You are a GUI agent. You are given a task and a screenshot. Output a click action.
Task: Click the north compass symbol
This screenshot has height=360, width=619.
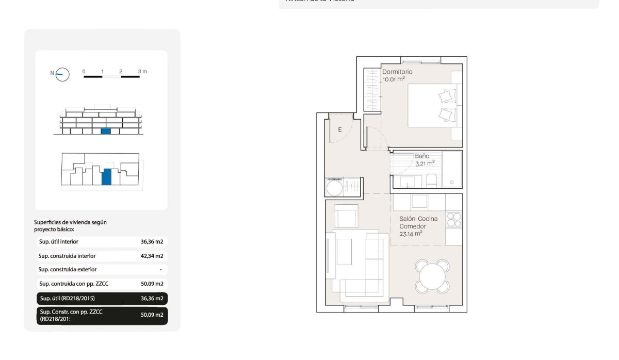coord(62,74)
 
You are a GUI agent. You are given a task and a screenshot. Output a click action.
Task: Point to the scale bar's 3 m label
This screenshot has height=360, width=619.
coord(142,71)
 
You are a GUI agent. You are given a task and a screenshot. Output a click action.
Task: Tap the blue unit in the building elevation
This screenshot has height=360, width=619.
coord(106,132)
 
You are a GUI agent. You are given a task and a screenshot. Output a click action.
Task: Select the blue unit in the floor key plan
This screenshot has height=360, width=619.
coord(106,176)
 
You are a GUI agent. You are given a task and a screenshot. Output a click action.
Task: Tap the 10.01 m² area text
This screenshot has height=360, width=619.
coord(393,79)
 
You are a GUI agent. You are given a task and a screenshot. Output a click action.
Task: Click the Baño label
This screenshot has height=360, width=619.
coord(422,156)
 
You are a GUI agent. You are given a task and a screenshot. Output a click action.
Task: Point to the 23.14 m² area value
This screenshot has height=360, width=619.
coord(411,233)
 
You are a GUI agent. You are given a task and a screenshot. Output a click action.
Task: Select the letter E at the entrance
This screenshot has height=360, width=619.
coord(340,129)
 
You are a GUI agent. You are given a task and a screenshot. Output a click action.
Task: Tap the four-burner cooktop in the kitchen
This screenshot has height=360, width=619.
coord(454,220)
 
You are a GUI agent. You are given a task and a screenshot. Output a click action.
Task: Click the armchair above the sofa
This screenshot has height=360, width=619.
coord(346,215)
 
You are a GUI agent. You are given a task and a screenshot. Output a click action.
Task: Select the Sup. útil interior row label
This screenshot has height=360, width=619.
coord(59,241)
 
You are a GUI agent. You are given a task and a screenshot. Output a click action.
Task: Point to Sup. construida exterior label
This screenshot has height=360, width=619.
coord(68,269)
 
